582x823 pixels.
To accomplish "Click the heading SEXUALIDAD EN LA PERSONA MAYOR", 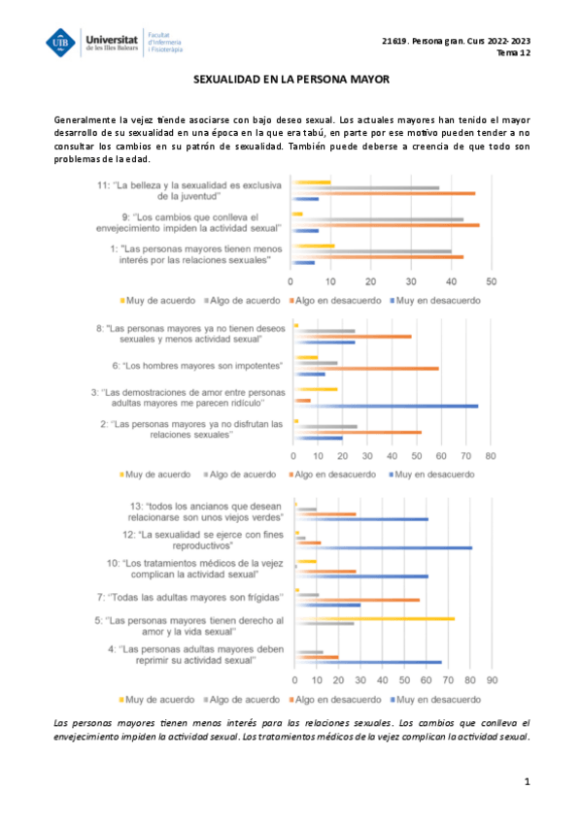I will [x=291, y=83].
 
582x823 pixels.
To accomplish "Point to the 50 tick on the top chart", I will [x=492, y=281].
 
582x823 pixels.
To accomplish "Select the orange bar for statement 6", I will [x=366, y=369].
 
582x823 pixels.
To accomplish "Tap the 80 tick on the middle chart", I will [x=491, y=455].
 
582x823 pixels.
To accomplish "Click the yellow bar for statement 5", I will [x=374, y=618].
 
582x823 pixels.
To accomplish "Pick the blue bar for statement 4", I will [x=367, y=663].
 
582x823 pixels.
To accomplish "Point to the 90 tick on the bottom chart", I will [x=492, y=679].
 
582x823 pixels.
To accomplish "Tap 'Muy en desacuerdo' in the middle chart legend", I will [x=438, y=475].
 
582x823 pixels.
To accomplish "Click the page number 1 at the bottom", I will [x=527, y=781].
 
